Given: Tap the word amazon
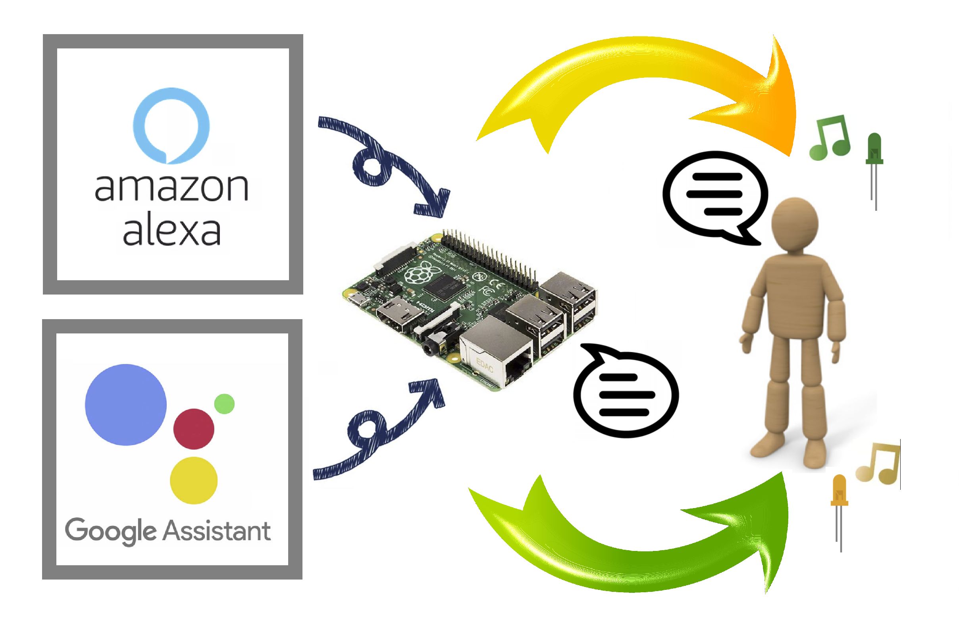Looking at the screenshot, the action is pos(171,189).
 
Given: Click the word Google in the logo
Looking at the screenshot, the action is pos(110,532).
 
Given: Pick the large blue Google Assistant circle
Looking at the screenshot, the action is pos(126,404).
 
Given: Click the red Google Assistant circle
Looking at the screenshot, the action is pos(193,429).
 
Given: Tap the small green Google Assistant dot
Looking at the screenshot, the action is pos(224,404).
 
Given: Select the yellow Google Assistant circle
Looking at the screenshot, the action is pos(194,480).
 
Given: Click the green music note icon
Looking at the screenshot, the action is pos(830,136).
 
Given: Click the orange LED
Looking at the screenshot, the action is pos(840,513).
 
